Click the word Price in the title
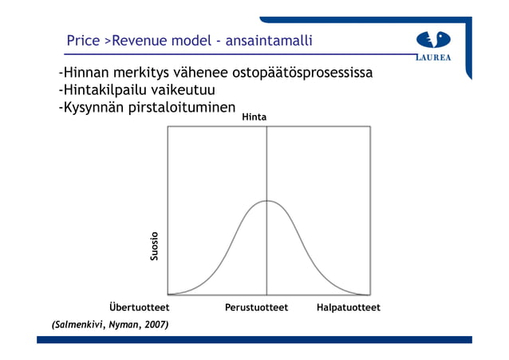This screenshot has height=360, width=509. coord(83,40)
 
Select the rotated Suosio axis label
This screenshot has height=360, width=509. coord(155,246)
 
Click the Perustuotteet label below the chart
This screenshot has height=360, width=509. coord(256,307)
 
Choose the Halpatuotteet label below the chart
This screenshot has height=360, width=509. coord(348,307)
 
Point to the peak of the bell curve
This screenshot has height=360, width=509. coord(266,200)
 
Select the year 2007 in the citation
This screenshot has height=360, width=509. coord(156,325)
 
